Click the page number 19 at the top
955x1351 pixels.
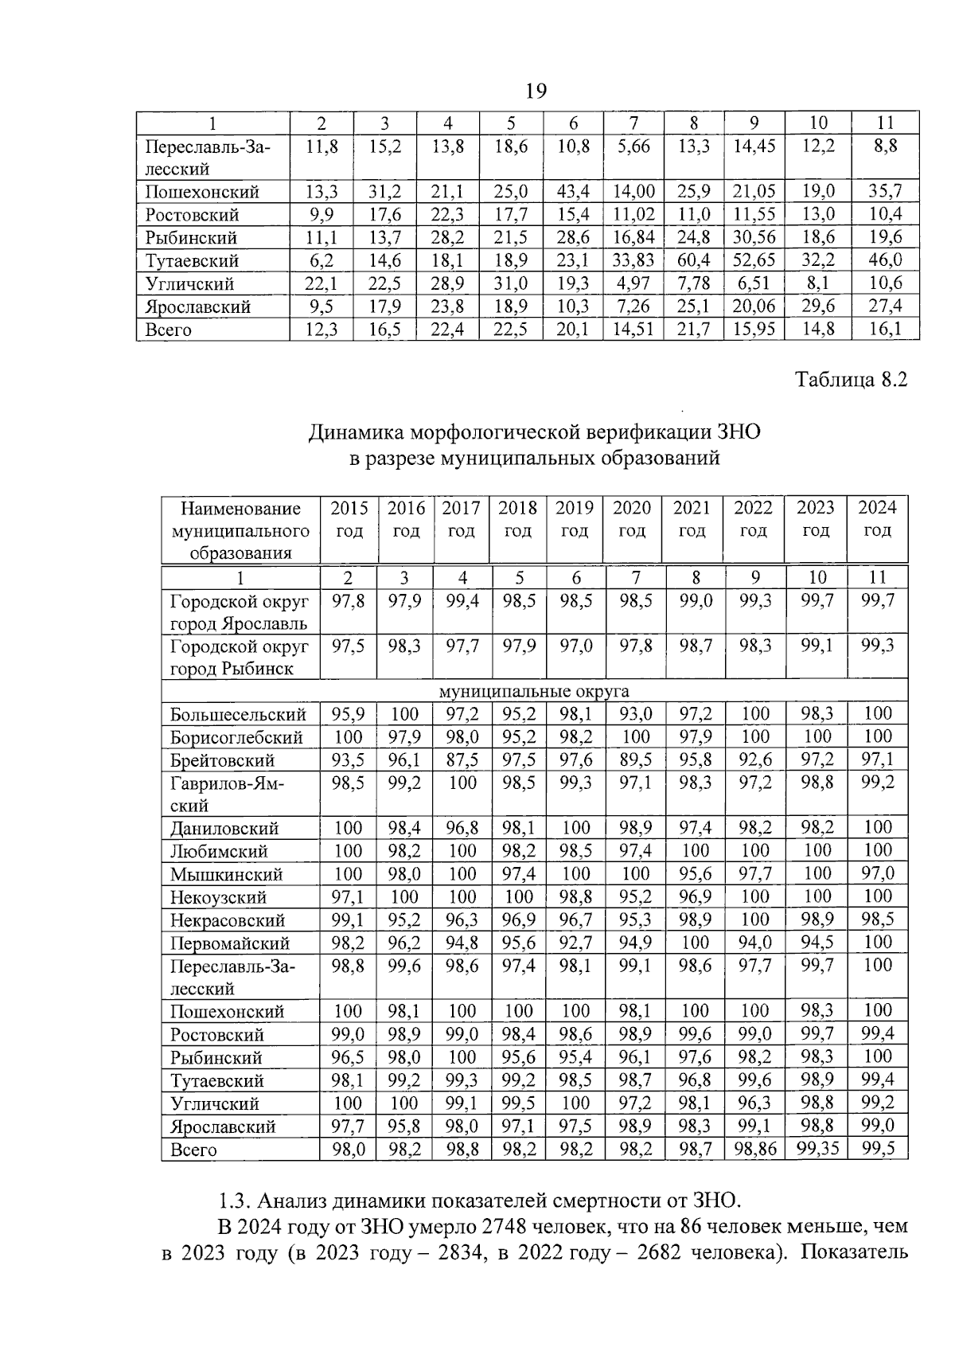tap(536, 92)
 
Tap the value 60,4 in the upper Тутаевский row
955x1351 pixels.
tap(693, 260)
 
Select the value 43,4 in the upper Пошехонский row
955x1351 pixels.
tap(573, 191)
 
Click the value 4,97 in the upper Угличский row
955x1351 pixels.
tap(633, 283)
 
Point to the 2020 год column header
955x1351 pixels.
tap(632, 519)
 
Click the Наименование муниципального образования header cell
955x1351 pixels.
tap(240, 530)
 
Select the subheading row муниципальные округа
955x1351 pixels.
tap(534, 690)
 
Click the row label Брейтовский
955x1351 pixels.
tap(222, 760)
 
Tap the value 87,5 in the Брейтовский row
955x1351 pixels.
tap(462, 759)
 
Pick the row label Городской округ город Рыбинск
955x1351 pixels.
tap(240, 657)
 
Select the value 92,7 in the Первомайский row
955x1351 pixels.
tap(575, 943)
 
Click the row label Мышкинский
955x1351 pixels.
tap(226, 875)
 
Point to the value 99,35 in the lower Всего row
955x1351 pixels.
tap(817, 1149)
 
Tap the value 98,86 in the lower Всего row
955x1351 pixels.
tap(754, 1149)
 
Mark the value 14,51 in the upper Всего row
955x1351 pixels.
tap(633, 330)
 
